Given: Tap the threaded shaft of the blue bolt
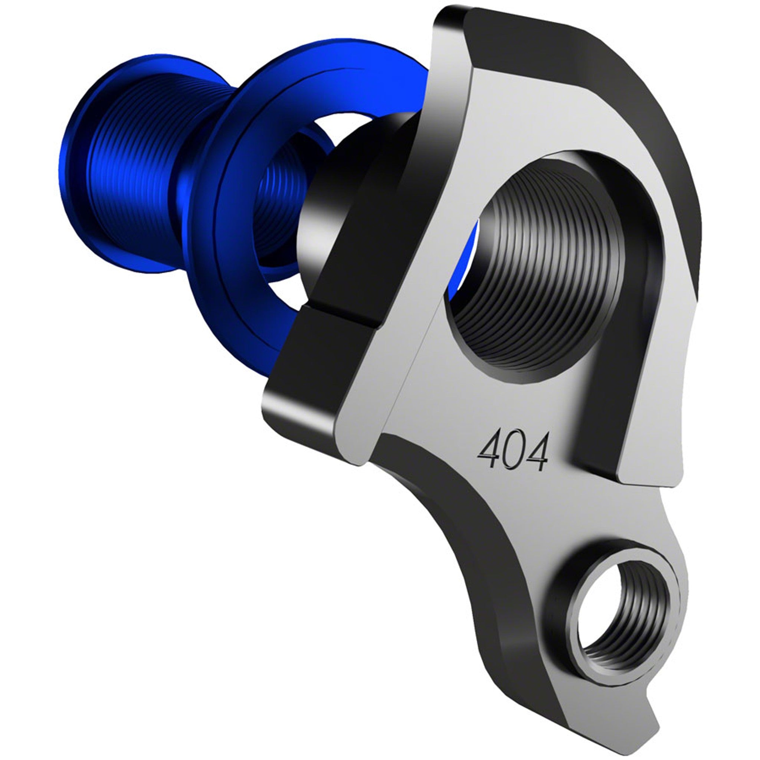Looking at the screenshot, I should (x=130, y=165).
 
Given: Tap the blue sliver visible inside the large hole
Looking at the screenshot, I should (x=466, y=268).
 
